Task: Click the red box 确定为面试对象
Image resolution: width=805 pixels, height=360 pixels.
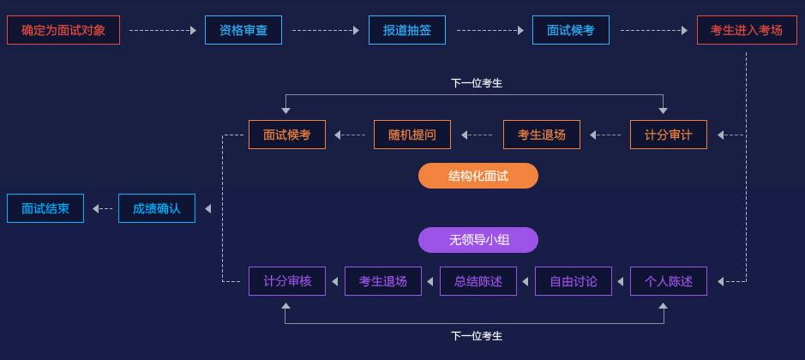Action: (x=63, y=30)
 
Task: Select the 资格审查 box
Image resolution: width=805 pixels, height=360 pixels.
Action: (x=243, y=30)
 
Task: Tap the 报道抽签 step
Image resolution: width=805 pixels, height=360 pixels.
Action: (x=407, y=30)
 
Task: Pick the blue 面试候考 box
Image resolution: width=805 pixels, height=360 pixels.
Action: (x=571, y=30)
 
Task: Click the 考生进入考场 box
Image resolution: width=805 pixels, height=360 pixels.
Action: (x=747, y=30)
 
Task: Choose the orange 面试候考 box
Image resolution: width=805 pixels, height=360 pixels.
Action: (x=287, y=135)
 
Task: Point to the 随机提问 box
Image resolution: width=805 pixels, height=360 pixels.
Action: (x=412, y=135)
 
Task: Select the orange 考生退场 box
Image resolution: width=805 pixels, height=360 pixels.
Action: (x=542, y=135)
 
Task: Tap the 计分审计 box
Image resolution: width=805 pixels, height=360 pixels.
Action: (x=669, y=135)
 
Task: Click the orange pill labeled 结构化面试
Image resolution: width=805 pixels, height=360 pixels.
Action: (x=478, y=177)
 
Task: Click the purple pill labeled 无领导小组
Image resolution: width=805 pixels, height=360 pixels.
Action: (x=478, y=240)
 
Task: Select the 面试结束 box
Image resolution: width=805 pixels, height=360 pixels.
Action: (x=45, y=208)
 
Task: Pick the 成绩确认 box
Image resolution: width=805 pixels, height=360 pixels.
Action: (x=157, y=208)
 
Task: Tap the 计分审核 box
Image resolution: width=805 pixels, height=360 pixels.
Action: (x=287, y=281)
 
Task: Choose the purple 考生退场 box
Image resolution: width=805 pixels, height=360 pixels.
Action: (x=383, y=281)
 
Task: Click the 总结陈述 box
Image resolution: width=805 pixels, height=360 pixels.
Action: (x=478, y=281)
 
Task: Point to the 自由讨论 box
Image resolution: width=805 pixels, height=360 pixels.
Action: (x=574, y=281)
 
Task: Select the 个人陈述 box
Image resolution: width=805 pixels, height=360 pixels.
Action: (x=669, y=281)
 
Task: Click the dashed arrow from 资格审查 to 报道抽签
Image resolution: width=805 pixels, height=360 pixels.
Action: (x=326, y=30)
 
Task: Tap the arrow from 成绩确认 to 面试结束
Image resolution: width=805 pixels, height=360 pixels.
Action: (x=102, y=208)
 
